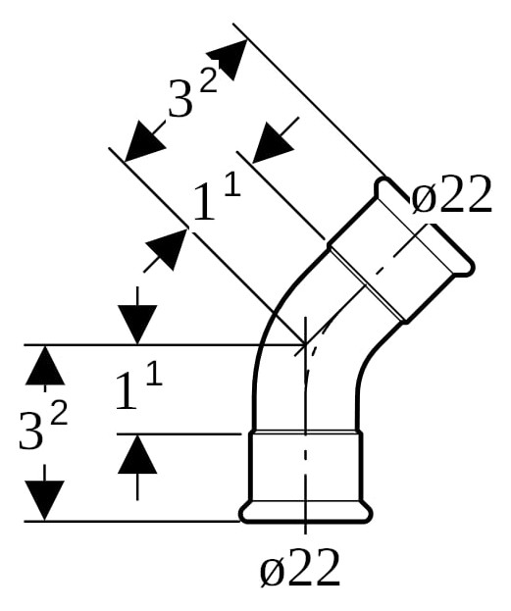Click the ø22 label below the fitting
(x=300, y=567)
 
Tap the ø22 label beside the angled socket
(x=451, y=194)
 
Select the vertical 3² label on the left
(x=43, y=426)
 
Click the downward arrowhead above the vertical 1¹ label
(x=137, y=325)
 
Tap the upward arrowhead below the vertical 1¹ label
(x=137, y=453)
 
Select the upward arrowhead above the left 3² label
(x=45, y=365)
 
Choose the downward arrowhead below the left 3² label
(x=44, y=501)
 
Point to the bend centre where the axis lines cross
(x=306, y=344)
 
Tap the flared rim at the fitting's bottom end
(x=306, y=512)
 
